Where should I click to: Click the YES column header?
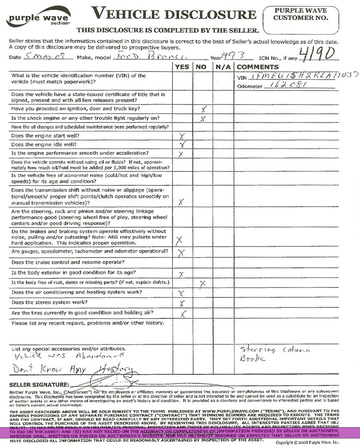tap(182, 67)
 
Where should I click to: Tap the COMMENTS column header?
tap(257, 67)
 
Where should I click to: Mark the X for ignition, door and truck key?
tap(203, 109)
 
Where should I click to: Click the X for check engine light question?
tap(203, 118)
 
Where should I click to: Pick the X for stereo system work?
tap(182, 303)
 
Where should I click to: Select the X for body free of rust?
tap(203, 284)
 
